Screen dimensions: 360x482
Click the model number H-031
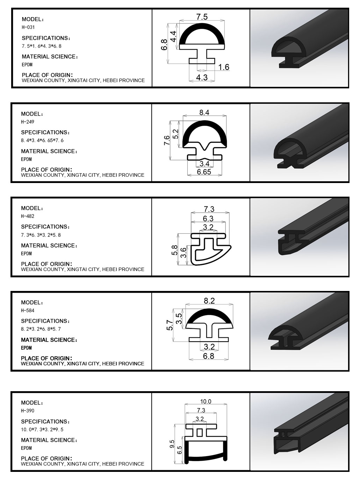(x=28, y=27)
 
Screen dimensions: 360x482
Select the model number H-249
(x=28, y=122)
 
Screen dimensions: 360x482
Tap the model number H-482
(x=28, y=216)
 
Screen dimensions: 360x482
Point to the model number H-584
(x=28, y=311)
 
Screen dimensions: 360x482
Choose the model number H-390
(x=28, y=411)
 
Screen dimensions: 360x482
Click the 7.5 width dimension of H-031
(x=202, y=17)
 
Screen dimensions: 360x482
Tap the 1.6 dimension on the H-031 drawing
(x=224, y=67)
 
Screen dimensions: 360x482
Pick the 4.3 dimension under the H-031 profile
(x=202, y=78)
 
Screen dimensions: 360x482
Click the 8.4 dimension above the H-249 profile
(x=204, y=113)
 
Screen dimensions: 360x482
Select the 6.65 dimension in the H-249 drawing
(x=204, y=172)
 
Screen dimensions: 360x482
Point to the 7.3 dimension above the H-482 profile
(x=209, y=209)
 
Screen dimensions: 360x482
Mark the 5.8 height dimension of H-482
(x=174, y=250)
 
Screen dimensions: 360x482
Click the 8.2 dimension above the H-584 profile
(x=209, y=301)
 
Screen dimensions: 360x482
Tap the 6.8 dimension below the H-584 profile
(x=208, y=356)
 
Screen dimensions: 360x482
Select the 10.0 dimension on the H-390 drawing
(x=206, y=402)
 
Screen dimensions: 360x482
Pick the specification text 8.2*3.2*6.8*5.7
(x=41, y=329)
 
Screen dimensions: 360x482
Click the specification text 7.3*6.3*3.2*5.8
(x=41, y=235)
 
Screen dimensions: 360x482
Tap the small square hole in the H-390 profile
(x=200, y=433)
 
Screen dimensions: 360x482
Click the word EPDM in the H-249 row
(x=26, y=159)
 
